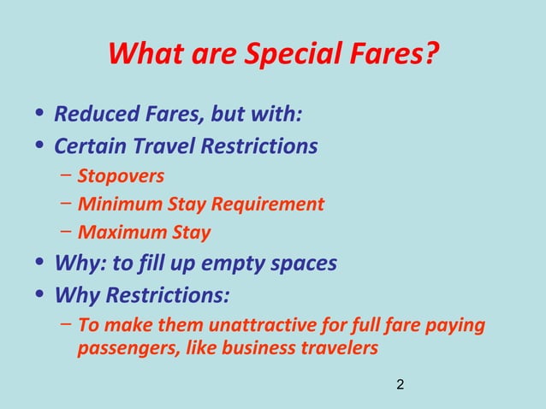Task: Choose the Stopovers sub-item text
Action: (x=121, y=176)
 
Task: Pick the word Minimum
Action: (x=116, y=204)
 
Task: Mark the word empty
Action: (x=231, y=263)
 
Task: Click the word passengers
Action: (x=122, y=348)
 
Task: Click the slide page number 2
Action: (x=401, y=386)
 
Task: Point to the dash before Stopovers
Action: (x=67, y=176)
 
